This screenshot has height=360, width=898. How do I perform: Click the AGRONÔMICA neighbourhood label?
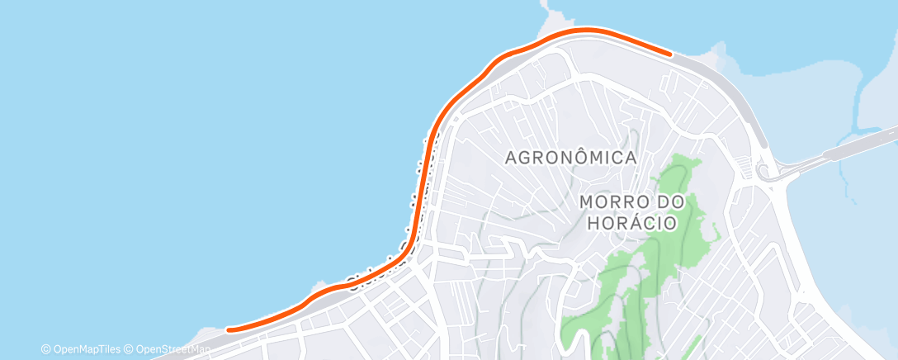(570, 157)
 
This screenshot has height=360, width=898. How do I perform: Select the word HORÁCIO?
(632, 223)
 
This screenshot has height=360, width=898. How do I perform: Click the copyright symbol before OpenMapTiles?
(45, 349)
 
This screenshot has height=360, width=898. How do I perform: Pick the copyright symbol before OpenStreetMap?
(130, 349)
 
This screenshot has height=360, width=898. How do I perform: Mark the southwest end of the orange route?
(229, 329)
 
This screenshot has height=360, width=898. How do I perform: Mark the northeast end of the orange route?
(669, 54)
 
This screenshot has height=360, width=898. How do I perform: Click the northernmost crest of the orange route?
(586, 31)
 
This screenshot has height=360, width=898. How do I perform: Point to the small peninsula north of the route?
(549, 18)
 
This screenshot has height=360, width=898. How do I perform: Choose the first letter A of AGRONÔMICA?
(510, 157)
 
